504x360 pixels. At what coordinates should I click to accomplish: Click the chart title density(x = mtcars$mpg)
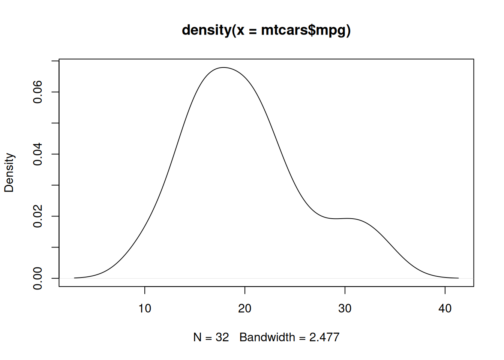pos(266,30)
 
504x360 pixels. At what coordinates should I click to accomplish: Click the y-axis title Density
pos(9,172)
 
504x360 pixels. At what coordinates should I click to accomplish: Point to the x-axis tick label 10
pos(145,308)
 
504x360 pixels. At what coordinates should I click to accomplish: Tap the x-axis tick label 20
pos(245,308)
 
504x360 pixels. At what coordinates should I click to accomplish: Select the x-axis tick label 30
pos(345,308)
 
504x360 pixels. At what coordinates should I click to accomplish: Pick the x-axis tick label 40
pos(445,308)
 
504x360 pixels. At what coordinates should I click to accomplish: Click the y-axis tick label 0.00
pos(37,278)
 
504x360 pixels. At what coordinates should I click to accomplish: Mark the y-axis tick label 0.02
pos(37,216)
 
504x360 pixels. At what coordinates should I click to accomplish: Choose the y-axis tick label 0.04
pos(37,154)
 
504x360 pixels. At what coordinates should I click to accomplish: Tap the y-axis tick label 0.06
pos(37,92)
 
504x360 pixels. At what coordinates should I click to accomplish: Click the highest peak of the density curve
pos(223,67)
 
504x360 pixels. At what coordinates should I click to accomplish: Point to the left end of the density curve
pos(75,278)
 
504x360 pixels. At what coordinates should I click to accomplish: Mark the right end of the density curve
pos(458,278)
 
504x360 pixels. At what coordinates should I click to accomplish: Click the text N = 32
pos(211,337)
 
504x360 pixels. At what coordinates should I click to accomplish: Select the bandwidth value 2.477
pos(324,337)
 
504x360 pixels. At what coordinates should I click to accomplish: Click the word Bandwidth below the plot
pos(267,337)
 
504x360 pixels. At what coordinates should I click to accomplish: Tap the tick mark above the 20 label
pos(245,291)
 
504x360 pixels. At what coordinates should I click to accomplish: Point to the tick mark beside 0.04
pos(55,154)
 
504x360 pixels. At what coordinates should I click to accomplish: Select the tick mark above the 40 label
pos(445,291)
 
